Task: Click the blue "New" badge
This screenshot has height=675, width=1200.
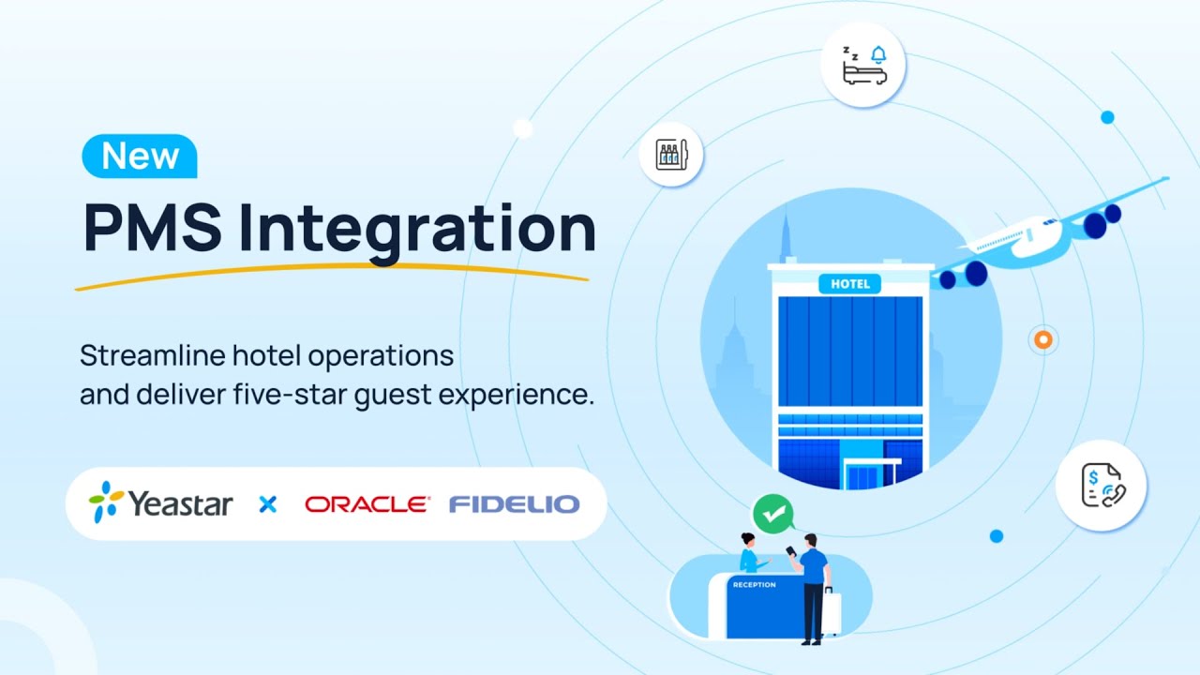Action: click(140, 156)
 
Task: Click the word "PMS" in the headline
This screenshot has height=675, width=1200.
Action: click(151, 228)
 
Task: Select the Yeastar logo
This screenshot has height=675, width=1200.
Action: click(161, 503)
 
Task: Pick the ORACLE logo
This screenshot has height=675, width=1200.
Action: click(367, 504)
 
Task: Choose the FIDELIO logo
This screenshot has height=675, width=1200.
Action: click(514, 504)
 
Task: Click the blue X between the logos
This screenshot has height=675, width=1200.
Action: click(268, 504)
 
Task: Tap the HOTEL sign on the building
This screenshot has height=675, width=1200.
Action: click(849, 283)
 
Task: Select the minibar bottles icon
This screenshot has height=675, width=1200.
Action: click(671, 154)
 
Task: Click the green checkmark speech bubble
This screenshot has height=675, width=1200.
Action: click(772, 514)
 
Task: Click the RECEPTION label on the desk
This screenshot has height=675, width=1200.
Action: click(755, 585)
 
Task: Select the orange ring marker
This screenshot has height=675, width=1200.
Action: click(1042, 339)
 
